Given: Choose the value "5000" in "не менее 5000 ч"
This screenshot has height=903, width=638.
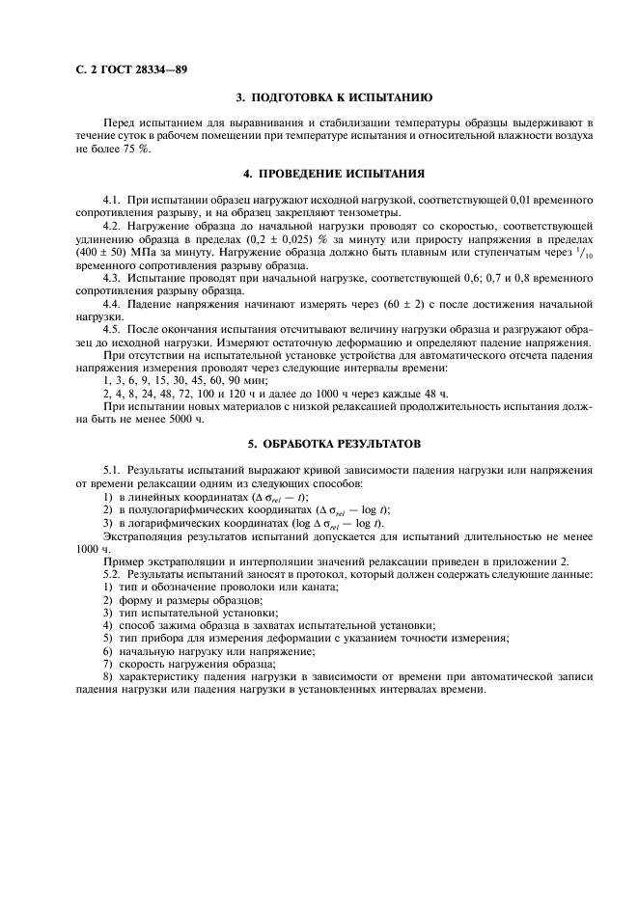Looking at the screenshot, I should [149, 420].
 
